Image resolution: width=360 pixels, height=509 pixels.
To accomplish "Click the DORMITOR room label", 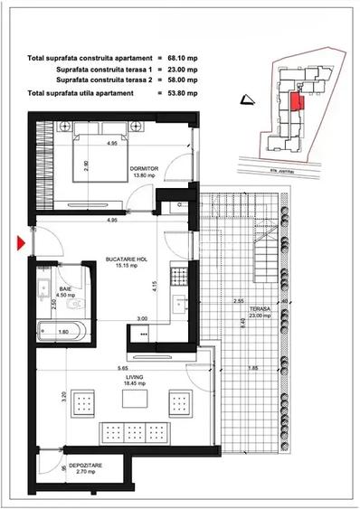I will point(144,167).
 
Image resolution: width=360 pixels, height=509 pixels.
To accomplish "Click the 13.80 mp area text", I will point(144,175).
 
